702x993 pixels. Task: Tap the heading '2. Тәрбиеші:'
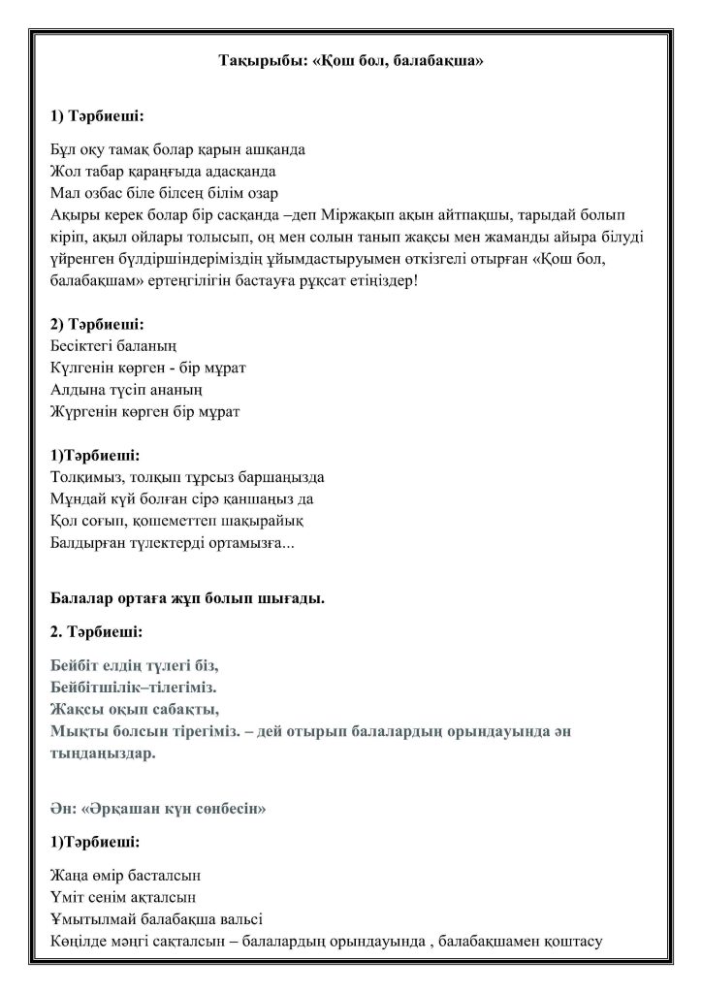(x=96, y=631)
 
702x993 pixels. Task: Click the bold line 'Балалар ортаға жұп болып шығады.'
(x=186, y=598)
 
